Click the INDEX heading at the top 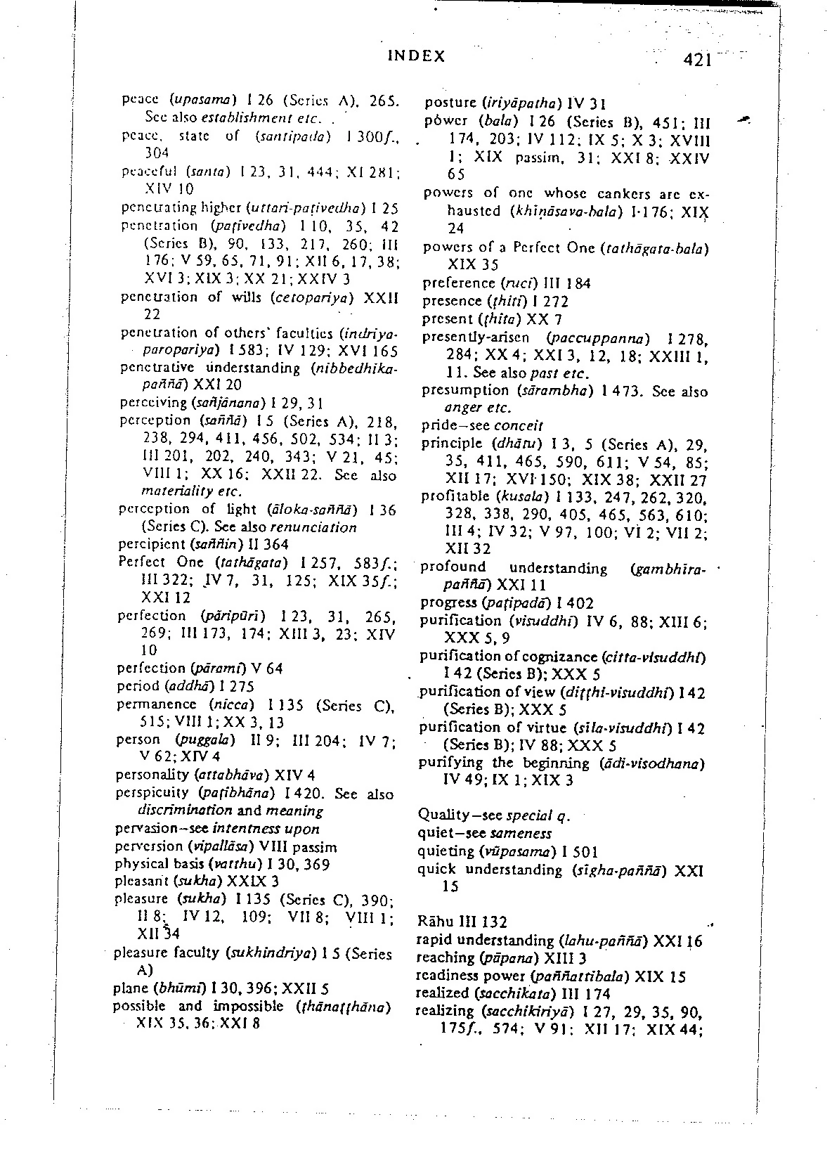416,56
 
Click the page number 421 698,59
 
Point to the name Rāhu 433,921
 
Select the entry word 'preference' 459,283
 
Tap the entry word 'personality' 152,775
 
